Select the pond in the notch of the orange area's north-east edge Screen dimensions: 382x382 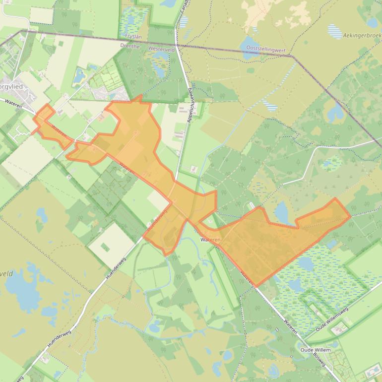(282, 212)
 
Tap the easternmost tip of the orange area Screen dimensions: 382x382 (351, 216)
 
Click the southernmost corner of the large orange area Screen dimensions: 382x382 (256, 286)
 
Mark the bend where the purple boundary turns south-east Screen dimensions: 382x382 (293, 56)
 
